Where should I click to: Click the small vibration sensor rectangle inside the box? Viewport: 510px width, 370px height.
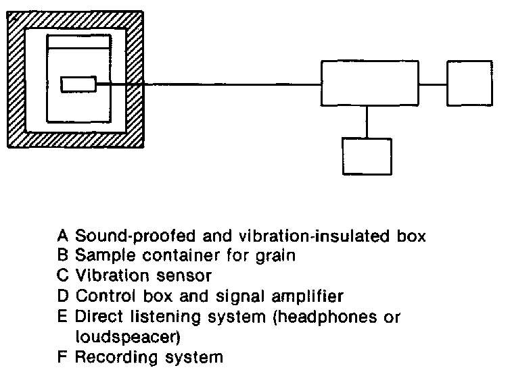pyautogui.click(x=78, y=84)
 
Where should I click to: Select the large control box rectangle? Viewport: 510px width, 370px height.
pyautogui.click(x=369, y=83)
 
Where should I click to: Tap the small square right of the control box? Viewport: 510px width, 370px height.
pyautogui.click(x=469, y=83)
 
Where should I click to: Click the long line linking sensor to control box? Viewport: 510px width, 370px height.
pyautogui.click(x=210, y=84)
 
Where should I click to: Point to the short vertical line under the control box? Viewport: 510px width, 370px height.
pyautogui.click(x=367, y=122)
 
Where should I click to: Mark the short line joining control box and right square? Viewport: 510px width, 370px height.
pyautogui.click(x=433, y=84)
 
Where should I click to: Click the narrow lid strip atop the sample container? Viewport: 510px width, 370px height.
pyautogui.click(x=78, y=43)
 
